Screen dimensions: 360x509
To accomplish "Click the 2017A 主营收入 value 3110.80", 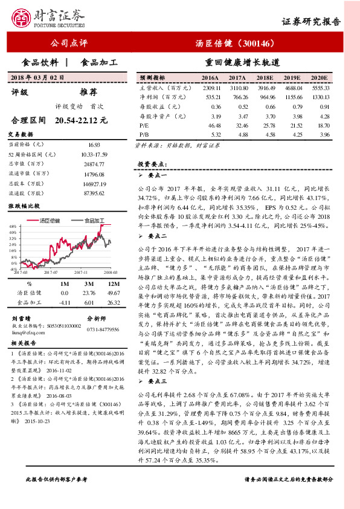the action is [x=237, y=87].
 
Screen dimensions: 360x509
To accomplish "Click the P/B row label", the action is [x=144, y=134].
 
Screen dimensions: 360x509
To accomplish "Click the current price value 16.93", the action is [x=94, y=145].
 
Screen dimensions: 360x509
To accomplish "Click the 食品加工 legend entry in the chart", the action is [x=94, y=220].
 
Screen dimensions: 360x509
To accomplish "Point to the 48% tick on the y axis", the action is [x=12, y=225].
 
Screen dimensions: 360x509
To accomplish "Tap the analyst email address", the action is [x=28, y=331].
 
